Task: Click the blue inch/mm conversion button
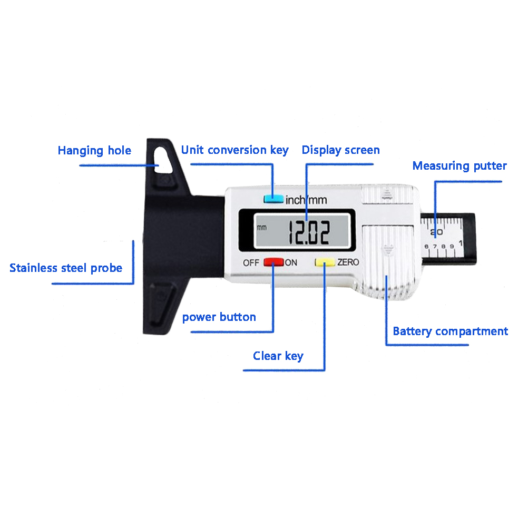coord(273,199)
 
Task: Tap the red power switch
coord(273,262)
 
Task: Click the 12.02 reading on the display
coord(308,232)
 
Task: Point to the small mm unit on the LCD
coord(262,228)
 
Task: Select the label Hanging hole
coord(95,151)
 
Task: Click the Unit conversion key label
coord(234,150)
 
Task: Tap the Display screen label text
coord(341,150)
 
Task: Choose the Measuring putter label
coord(459,165)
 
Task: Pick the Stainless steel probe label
coord(66,268)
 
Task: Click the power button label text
coord(219,317)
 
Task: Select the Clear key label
coord(278,356)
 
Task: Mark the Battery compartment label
coord(451,331)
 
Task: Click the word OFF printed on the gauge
coord(251,262)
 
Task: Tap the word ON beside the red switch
coord(291,262)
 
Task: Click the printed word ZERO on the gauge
coord(348,262)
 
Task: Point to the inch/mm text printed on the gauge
coord(306,200)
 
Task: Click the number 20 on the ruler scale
coord(437,232)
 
